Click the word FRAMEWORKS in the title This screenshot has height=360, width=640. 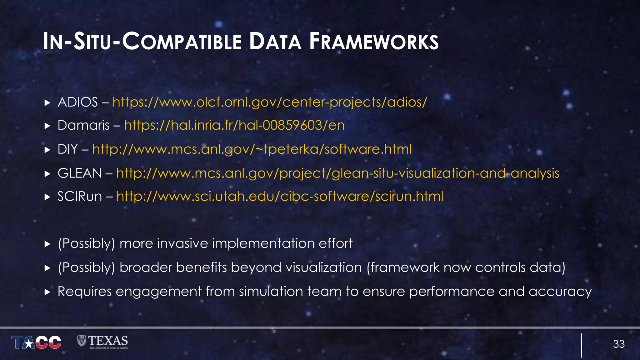(374, 42)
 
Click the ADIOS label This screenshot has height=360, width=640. (77, 102)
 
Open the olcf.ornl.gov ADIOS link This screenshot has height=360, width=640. (269, 102)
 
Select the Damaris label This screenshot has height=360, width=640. (83, 125)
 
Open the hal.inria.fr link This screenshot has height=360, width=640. (234, 125)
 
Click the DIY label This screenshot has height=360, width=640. (67, 149)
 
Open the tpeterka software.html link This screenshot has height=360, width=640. (252, 149)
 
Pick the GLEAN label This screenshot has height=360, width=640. (79, 173)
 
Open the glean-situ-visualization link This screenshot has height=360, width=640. (337, 173)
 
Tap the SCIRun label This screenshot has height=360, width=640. (79, 197)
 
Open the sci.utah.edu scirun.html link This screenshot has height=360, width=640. (280, 197)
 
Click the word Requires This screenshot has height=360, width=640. (84, 292)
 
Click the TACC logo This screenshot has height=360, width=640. (36, 342)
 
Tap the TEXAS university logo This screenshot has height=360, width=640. (102, 342)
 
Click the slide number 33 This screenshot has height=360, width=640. (618, 344)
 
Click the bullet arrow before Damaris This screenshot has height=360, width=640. (47, 126)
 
